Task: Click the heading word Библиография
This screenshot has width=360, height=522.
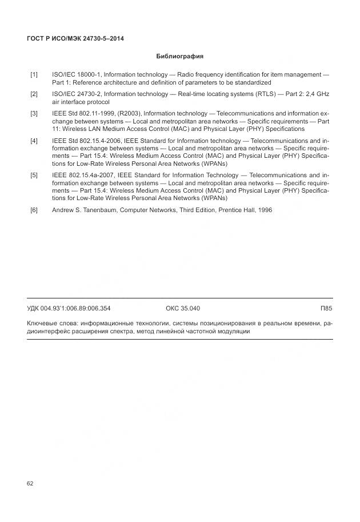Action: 179,57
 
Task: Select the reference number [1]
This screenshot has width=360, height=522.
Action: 34,75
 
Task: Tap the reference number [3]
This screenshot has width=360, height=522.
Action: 34,114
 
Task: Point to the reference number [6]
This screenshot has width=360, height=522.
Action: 34,210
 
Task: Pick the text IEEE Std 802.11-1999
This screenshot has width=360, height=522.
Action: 83,114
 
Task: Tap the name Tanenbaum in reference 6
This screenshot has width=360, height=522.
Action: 105,210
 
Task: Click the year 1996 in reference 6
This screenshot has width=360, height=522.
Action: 265,210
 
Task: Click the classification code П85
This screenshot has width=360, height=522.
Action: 327,308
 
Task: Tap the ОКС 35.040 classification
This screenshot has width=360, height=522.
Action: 182,308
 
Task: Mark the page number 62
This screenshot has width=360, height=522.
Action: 30,484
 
